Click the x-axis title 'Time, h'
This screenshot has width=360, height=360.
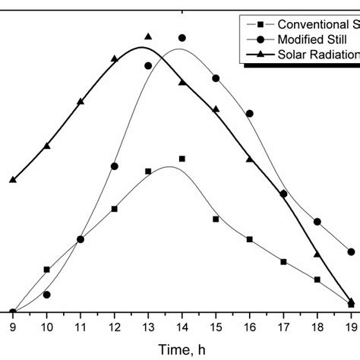182,350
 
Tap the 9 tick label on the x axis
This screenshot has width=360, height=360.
13,327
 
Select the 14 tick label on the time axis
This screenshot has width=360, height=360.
182,327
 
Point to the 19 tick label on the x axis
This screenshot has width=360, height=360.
351,327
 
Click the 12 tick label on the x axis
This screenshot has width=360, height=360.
114,327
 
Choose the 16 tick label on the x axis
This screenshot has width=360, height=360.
250,327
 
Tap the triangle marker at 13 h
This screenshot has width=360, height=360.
148,36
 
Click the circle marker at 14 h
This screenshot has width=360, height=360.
182,37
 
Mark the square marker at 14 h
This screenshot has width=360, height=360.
182,159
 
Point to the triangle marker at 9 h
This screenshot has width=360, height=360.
13,180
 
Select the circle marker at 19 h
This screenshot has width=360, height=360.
351,251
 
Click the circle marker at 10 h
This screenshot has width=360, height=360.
46,295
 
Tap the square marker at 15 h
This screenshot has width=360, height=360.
216,219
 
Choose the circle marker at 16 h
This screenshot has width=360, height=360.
250,113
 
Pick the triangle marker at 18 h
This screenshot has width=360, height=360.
317,254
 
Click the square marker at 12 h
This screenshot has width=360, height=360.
114,208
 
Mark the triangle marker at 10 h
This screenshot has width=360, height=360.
46,146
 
